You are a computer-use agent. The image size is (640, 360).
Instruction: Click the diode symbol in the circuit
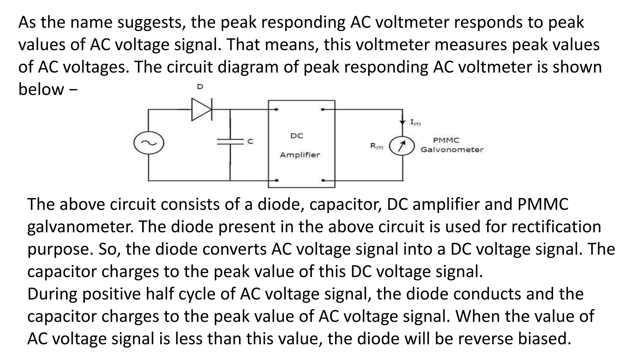pyautogui.click(x=202, y=109)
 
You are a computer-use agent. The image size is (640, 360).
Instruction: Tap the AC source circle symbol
pyautogui.click(x=149, y=143)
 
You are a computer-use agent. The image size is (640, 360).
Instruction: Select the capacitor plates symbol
pyautogui.click(x=230, y=142)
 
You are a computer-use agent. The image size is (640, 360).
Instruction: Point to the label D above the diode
pyautogui.click(x=200, y=87)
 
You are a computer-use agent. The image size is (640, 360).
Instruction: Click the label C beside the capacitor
pyautogui.click(x=250, y=142)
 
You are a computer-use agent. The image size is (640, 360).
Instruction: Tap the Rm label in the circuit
pyautogui.click(x=376, y=146)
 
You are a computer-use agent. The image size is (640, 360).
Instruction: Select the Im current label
pyautogui.click(x=415, y=122)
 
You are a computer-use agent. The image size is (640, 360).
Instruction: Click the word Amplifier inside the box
pyautogui.click(x=300, y=155)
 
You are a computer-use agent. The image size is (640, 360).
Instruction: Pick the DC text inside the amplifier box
pyautogui.click(x=297, y=136)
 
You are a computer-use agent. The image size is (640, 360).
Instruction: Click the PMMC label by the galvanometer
pyautogui.click(x=446, y=140)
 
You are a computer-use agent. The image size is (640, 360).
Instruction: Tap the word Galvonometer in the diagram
pyautogui.click(x=452, y=150)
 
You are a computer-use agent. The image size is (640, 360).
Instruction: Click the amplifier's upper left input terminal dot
pyautogui.click(x=277, y=110)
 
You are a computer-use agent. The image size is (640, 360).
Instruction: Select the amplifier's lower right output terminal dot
pyautogui.click(x=323, y=180)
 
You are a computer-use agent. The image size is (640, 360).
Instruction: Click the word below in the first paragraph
pyautogui.click(x=41, y=89)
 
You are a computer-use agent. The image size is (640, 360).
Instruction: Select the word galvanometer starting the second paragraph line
pyautogui.click(x=80, y=227)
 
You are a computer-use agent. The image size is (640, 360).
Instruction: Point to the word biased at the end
pyautogui.click(x=544, y=339)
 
